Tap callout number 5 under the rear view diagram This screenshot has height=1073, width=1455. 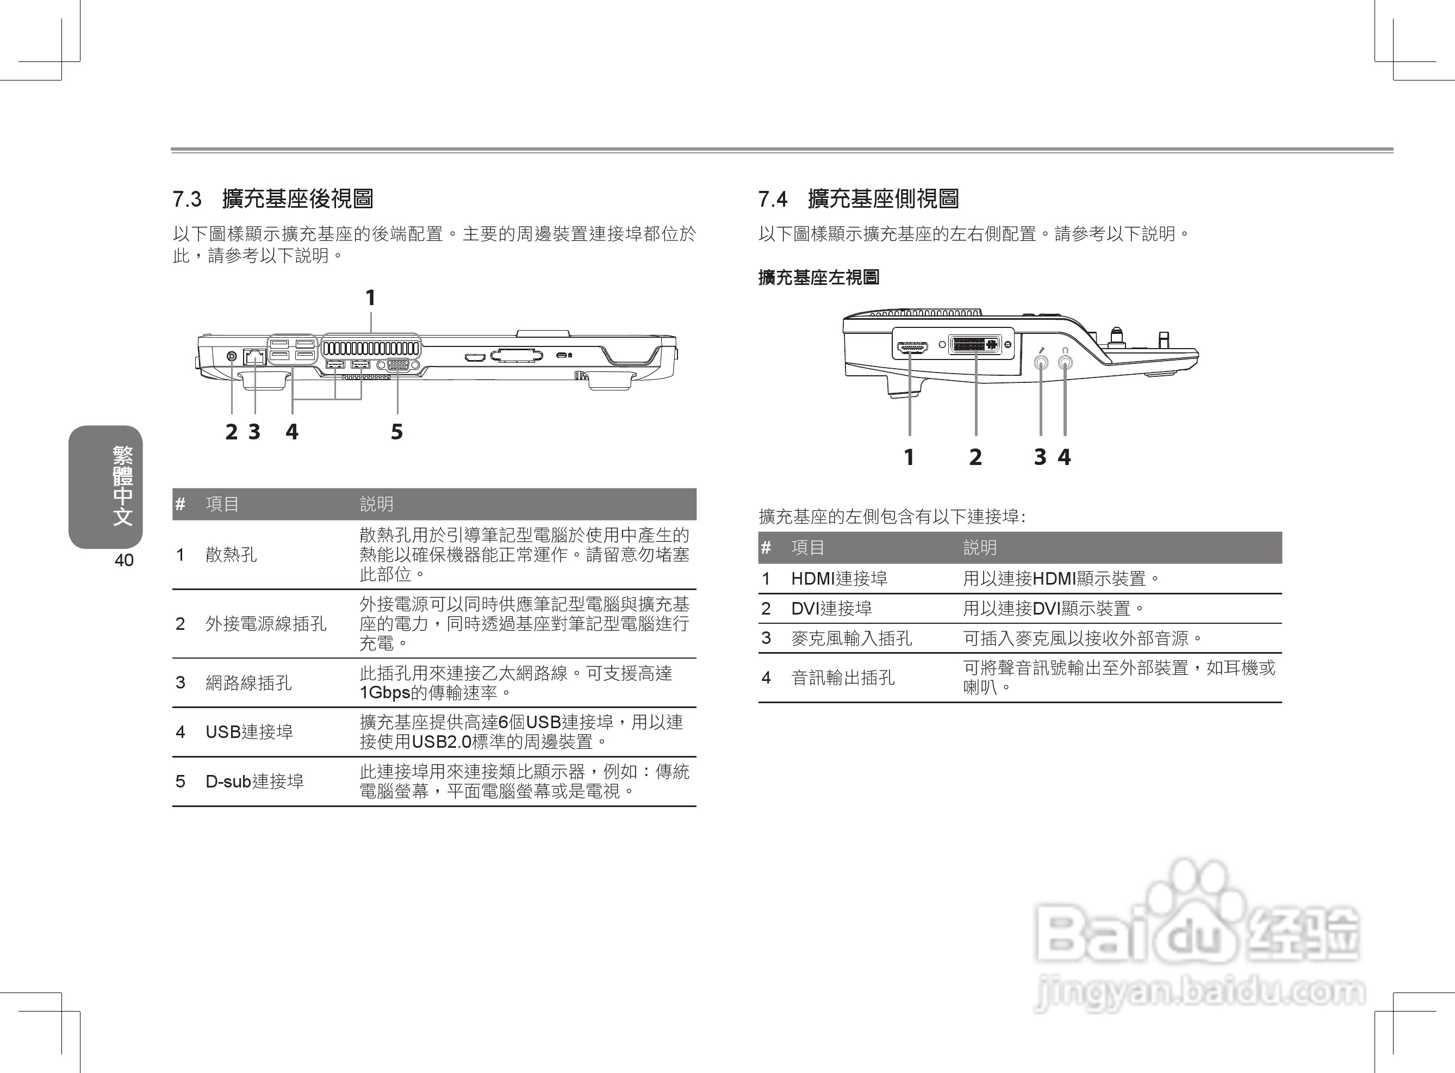click(397, 432)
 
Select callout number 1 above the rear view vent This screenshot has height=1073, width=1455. click(370, 298)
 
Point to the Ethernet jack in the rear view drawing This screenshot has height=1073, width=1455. click(254, 356)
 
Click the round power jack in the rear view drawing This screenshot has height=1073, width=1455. click(232, 355)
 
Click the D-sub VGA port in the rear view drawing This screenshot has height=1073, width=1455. click(398, 365)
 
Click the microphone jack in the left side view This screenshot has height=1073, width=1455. click(1041, 362)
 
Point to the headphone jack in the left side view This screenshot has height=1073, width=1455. click(1065, 362)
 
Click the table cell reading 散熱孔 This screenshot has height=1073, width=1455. click(231, 555)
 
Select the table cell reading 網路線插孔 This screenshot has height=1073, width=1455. click(248, 683)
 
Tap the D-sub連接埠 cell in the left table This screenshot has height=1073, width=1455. click(254, 782)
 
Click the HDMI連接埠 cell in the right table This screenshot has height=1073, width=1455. click(839, 579)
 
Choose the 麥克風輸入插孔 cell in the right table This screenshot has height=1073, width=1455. click(851, 638)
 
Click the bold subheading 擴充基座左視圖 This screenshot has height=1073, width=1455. click(819, 278)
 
